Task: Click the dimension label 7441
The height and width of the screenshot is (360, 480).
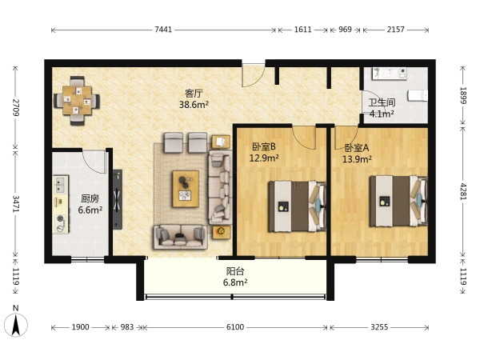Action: [163, 30]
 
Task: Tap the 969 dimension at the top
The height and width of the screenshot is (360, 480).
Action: [345, 30]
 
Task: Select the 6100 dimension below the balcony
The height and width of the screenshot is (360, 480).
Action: [235, 327]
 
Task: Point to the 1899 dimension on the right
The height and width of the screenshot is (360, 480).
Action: [463, 95]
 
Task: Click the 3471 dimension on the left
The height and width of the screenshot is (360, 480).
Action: [16, 203]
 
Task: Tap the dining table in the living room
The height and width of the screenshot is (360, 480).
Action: [77, 101]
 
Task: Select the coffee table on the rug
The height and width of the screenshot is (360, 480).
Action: [186, 189]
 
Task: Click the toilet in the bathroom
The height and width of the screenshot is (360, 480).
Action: [418, 95]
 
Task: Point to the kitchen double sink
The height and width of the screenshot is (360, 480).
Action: [60, 185]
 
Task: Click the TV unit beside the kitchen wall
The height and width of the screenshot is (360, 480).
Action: [118, 199]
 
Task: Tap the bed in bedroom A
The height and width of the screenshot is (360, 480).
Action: [398, 201]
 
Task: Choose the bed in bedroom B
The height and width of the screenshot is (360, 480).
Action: [298, 206]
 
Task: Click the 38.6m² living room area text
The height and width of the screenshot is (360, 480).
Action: [194, 105]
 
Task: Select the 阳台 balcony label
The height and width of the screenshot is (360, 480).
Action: [235, 271]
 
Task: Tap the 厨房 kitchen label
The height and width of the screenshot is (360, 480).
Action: [90, 198]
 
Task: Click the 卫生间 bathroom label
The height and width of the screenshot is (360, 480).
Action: [382, 102]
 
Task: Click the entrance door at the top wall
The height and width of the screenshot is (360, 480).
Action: [253, 75]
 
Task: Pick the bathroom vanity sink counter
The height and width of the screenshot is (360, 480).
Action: [390, 73]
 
